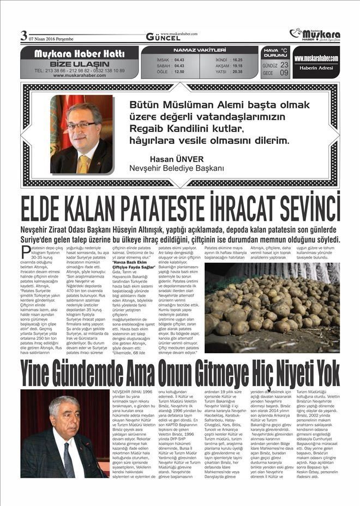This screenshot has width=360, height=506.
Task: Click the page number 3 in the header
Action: (x=23, y=35)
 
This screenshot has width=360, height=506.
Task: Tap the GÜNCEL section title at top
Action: (x=163, y=37)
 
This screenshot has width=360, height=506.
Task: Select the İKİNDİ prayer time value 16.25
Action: (x=237, y=59)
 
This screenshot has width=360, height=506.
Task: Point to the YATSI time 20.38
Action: (x=237, y=71)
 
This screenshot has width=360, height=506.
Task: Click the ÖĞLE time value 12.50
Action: (x=179, y=71)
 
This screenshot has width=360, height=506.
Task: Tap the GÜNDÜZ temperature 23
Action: (x=284, y=64)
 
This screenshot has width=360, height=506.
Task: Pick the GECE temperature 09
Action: (x=284, y=73)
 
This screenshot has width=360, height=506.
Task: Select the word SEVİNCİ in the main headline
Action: (x=310, y=209)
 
